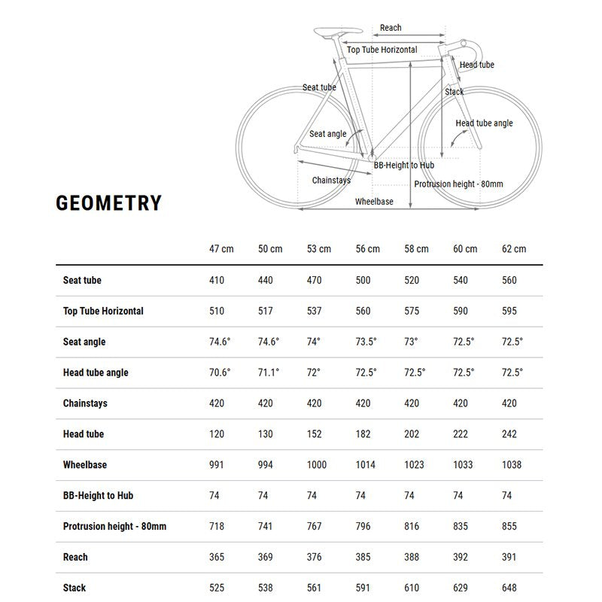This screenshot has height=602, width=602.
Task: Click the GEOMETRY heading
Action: (x=108, y=203)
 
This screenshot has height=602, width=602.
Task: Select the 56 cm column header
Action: (x=368, y=249)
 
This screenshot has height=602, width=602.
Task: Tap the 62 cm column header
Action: (x=514, y=249)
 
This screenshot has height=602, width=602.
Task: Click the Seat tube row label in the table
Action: (x=82, y=281)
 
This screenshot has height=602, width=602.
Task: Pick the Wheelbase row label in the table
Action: (x=85, y=465)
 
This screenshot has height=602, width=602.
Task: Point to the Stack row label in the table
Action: (x=74, y=588)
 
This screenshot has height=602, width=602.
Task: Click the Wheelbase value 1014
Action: (x=365, y=465)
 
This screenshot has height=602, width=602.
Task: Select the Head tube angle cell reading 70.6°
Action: (x=220, y=372)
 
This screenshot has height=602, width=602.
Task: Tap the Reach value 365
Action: (x=217, y=557)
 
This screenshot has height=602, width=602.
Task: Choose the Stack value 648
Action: (x=511, y=588)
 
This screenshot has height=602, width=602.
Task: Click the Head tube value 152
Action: (x=315, y=434)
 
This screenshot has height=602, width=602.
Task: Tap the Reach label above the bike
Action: (x=391, y=28)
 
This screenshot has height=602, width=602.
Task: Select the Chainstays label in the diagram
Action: (x=331, y=181)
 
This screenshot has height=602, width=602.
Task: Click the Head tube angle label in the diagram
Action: (x=484, y=123)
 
